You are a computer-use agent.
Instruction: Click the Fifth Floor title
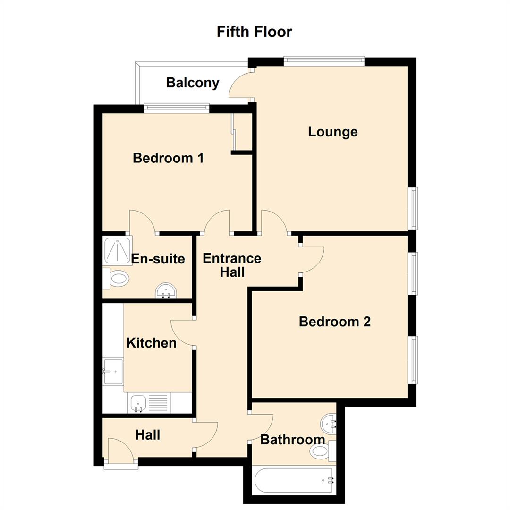coord(255,32)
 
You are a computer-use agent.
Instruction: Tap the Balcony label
coord(193,83)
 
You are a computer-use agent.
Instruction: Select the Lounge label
coord(333,132)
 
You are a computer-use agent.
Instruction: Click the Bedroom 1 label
coord(168,158)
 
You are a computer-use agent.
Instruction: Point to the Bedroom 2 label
coord(335,322)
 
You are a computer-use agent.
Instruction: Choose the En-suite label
coord(158,259)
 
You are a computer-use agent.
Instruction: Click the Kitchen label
coord(151,343)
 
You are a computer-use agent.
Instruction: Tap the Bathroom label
coord(293,440)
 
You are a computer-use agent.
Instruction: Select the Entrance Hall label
coord(232,265)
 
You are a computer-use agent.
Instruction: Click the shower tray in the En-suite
coord(117,251)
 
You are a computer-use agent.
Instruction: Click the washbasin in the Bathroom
coord(328,424)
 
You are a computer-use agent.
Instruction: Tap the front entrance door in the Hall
coord(121,452)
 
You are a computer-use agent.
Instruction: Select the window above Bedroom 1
coord(177,108)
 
